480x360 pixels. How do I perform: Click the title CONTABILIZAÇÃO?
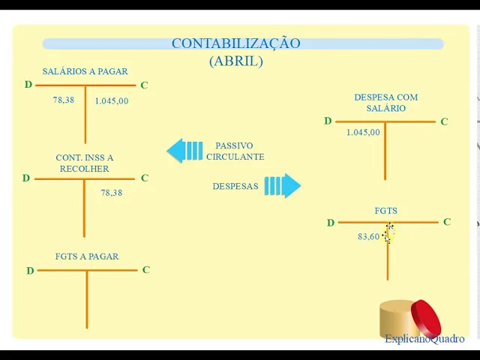point(235,43)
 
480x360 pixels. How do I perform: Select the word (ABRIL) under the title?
point(235,61)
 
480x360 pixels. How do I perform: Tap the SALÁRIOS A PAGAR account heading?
point(85,72)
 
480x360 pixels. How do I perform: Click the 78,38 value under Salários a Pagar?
point(63,100)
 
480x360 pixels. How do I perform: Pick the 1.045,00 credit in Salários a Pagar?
point(111,101)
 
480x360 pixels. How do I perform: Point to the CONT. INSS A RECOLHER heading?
point(85,163)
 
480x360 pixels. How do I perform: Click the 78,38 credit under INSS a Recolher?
point(111,193)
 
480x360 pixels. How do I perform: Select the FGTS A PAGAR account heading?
point(87,256)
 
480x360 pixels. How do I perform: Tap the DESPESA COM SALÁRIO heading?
point(385,103)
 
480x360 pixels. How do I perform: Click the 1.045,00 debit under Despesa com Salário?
point(363,133)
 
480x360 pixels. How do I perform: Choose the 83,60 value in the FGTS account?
point(368,237)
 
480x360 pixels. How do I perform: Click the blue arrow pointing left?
point(184,151)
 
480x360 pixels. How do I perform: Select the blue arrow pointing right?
point(283,186)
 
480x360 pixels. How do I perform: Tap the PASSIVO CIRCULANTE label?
point(235,151)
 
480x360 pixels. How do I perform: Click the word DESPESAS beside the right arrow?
point(235,186)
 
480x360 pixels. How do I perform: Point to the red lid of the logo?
point(425,318)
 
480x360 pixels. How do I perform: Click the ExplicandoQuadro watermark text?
point(424,339)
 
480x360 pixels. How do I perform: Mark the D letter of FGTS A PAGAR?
point(30,271)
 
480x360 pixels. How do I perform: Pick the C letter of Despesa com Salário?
point(444,121)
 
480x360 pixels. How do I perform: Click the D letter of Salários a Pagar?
point(28,85)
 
